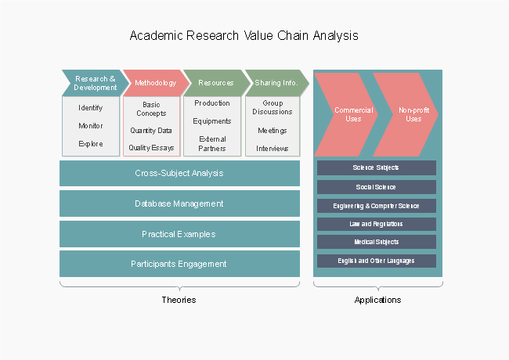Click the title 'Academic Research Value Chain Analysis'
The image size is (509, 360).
244,36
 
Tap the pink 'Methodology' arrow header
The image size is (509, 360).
155,83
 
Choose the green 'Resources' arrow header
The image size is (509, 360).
215,83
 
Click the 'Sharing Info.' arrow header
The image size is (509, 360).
276,83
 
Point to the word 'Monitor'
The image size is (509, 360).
91,126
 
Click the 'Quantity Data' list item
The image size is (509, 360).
151,131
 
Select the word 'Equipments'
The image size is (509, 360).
212,121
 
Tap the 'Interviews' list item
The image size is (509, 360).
273,149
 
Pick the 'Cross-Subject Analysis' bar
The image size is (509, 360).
179,174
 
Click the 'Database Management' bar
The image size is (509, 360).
179,203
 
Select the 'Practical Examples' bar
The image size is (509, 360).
179,234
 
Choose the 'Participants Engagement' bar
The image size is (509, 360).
179,264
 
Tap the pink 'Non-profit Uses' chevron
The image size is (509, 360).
409,114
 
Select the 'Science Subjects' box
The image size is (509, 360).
376,168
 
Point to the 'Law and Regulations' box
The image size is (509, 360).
376,224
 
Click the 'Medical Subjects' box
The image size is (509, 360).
376,242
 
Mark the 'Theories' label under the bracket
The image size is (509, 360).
179,300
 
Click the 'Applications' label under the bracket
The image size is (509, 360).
377,300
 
